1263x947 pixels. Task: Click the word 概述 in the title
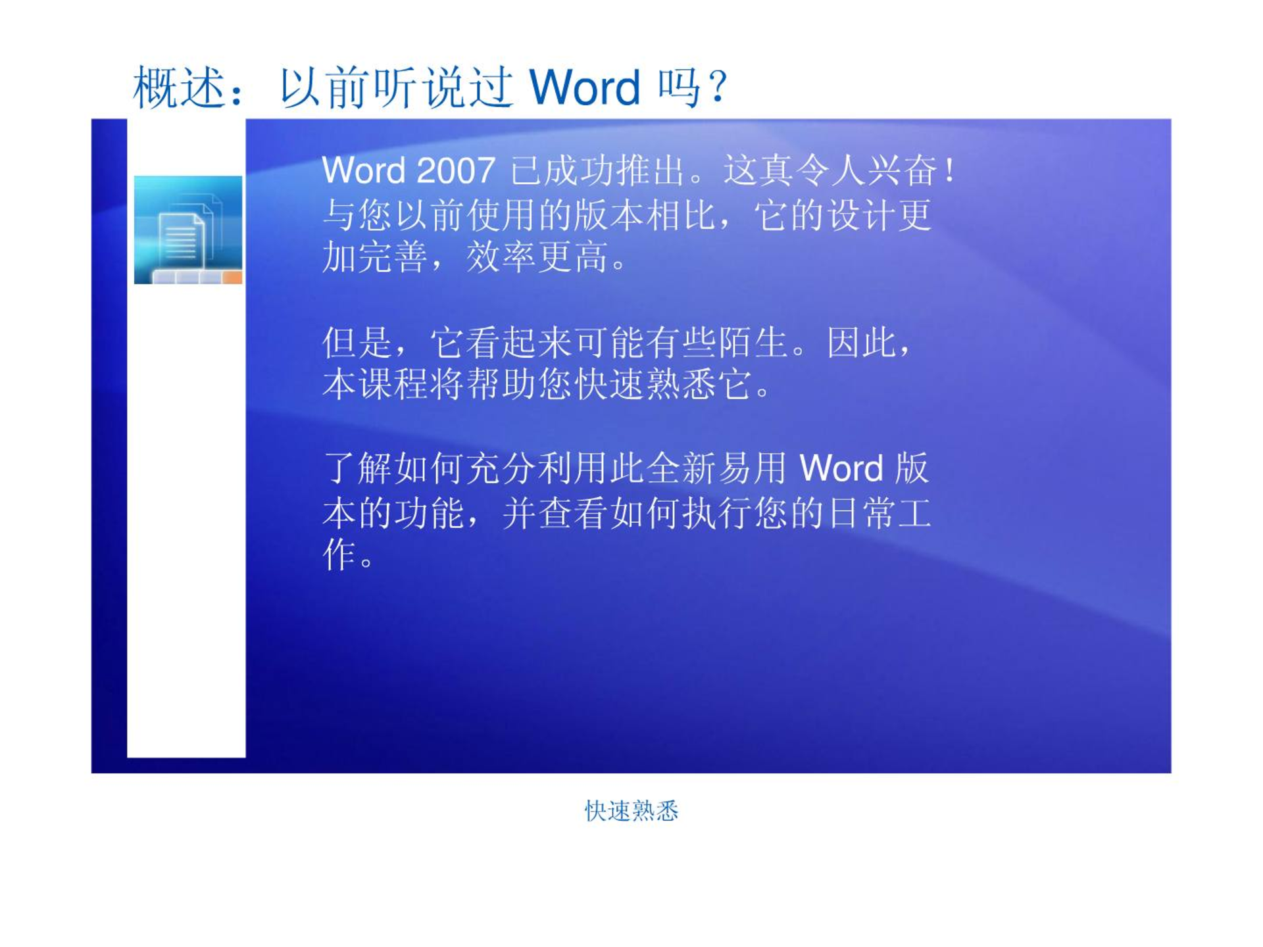179,87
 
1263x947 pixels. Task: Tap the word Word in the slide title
584,87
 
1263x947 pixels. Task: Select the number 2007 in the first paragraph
455,171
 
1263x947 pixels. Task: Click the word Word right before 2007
364,171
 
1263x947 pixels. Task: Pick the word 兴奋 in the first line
902,171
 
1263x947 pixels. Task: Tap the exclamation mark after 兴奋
949,171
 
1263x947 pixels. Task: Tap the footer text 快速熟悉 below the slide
631,811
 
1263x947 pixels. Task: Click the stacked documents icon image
188,230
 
